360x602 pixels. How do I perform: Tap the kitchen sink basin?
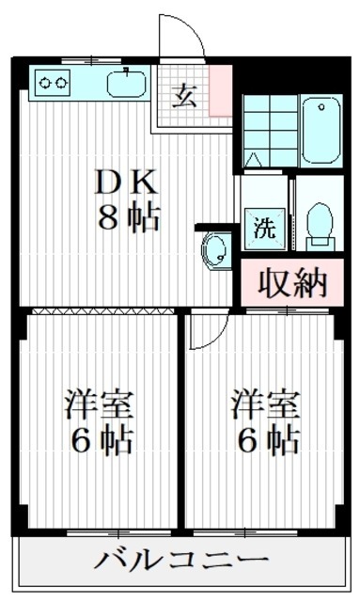click(x=122, y=84)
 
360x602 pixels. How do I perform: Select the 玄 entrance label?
click(x=185, y=97)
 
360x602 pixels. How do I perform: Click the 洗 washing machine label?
click(x=264, y=227)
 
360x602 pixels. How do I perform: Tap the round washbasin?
click(x=216, y=251)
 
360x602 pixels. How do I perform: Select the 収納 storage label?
click(x=292, y=282)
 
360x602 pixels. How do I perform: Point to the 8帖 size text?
click(x=131, y=219)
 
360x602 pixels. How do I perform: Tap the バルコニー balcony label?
click(x=178, y=562)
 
